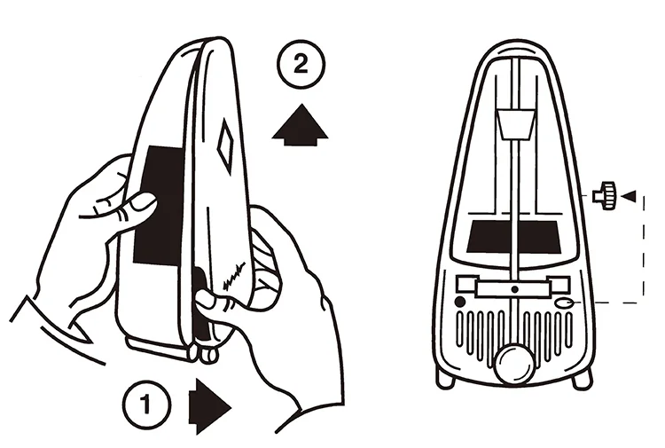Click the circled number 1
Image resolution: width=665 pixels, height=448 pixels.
[146, 404]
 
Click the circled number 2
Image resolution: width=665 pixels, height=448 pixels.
[301, 65]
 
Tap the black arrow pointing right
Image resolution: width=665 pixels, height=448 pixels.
[209, 407]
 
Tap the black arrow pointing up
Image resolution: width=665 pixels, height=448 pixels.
[300, 125]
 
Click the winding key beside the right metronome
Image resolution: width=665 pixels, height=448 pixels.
[605, 195]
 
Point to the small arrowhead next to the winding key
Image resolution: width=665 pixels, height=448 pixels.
[629, 196]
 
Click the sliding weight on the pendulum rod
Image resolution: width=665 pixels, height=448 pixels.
[515, 124]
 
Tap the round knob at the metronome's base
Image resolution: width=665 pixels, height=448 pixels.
[514, 364]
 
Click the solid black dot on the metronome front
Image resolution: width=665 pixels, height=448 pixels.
[459, 302]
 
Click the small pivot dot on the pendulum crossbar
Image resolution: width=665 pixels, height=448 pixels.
[515, 289]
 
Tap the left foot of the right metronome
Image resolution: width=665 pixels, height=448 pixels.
[445, 378]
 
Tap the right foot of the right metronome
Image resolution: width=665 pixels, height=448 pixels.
[583, 379]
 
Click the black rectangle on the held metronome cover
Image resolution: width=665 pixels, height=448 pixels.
[159, 205]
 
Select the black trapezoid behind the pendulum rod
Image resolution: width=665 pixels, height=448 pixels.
[513, 237]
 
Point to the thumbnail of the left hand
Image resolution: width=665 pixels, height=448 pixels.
[142, 202]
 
